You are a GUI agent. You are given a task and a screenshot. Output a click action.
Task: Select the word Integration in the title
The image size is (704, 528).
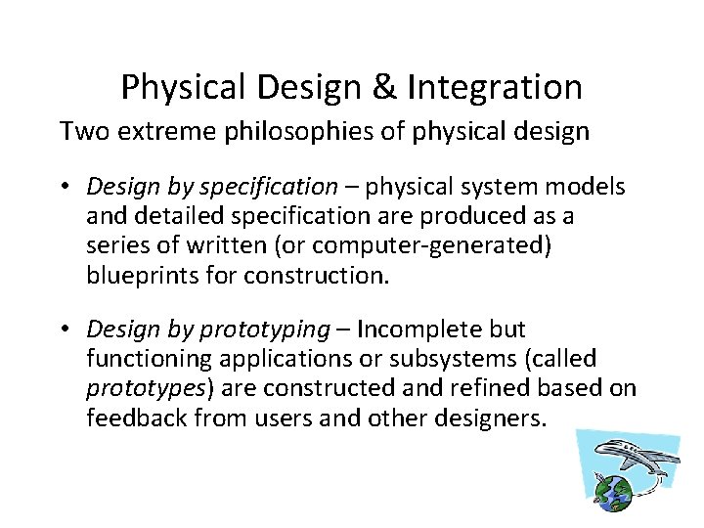pos(494,88)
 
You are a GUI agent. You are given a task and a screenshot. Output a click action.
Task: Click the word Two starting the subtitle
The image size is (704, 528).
pos(81,131)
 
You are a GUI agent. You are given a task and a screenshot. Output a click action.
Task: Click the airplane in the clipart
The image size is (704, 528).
pos(635,459)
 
